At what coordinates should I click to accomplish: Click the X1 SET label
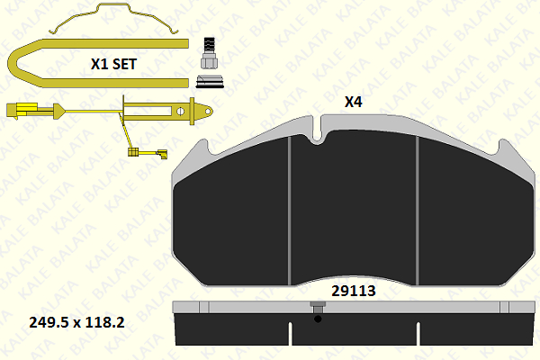pyautogui.click(x=113, y=64)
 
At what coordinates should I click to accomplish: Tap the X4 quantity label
pyautogui.click(x=354, y=102)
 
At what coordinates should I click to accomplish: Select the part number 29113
pyautogui.click(x=354, y=291)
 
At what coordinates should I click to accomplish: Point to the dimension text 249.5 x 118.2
pyautogui.click(x=76, y=322)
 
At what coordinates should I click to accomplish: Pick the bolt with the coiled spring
pyautogui.click(x=209, y=53)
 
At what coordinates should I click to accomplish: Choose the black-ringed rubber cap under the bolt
pyautogui.click(x=210, y=81)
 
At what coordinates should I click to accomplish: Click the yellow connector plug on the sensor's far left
pyautogui.click(x=20, y=110)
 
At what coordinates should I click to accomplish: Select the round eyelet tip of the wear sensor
pyautogui.click(x=208, y=111)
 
